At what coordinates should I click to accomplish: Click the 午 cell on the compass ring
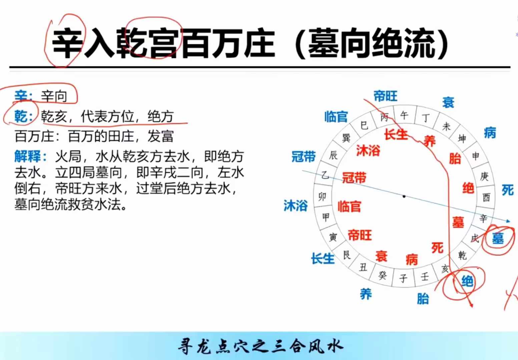(x=404, y=115)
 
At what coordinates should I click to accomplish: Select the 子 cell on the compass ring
(x=403, y=278)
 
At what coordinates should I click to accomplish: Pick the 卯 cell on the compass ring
(x=322, y=197)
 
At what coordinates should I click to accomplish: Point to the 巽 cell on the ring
(x=346, y=138)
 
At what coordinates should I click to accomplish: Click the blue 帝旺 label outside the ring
(x=386, y=96)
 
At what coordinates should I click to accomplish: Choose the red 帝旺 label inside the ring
(x=360, y=235)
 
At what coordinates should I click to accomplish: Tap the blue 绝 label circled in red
(x=467, y=281)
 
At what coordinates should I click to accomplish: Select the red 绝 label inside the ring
(x=468, y=188)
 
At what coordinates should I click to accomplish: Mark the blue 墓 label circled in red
(x=498, y=238)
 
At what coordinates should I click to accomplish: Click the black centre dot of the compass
(x=404, y=196)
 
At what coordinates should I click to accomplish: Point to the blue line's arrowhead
(x=508, y=221)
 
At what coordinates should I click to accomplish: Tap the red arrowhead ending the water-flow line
(x=471, y=305)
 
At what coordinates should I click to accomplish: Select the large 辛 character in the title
(x=67, y=43)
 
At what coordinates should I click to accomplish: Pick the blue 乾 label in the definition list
(x=21, y=116)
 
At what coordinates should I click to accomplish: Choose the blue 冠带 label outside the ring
(x=304, y=156)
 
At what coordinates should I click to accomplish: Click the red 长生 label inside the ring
(x=396, y=134)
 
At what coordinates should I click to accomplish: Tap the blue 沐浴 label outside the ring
(x=296, y=205)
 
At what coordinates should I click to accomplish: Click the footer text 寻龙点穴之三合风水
(x=260, y=346)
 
